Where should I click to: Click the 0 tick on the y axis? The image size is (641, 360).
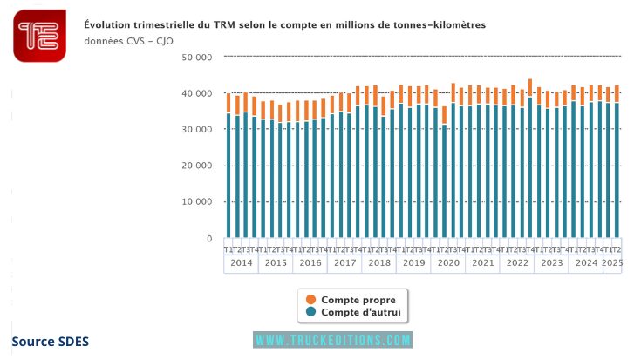click(x=208, y=239)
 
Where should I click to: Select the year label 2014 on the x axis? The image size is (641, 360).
click(x=241, y=262)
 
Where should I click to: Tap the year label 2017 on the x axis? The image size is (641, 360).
click(x=344, y=262)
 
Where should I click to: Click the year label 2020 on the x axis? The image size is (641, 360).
click(x=447, y=262)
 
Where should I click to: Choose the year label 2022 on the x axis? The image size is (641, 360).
click(x=516, y=262)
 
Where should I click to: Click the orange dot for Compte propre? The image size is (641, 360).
click(x=310, y=299)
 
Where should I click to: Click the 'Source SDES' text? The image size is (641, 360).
click(x=51, y=341)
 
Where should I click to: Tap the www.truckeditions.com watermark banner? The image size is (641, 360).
click(x=332, y=340)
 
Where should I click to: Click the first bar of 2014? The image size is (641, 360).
click(x=228, y=166)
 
